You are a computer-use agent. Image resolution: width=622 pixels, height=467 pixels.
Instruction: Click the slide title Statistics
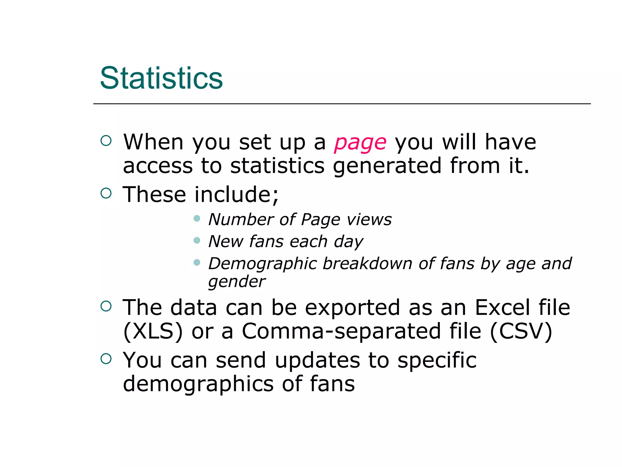point(161,78)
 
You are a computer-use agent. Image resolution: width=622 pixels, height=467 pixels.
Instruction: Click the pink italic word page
point(360,143)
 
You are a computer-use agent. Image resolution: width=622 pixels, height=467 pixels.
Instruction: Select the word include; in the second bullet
point(236,195)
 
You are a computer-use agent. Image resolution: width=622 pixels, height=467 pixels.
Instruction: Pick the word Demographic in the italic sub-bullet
point(262,264)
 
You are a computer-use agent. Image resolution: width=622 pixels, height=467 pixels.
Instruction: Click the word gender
point(237,282)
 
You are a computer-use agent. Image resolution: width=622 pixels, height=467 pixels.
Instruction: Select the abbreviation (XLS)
point(153,331)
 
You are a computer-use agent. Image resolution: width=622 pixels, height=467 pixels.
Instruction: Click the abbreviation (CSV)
point(521,331)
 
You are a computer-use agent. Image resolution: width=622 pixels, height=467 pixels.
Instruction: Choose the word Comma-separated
point(341,331)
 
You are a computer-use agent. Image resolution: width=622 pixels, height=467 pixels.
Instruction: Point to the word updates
point(317,360)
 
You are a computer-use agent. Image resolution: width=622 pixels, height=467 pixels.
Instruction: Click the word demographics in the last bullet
point(198,384)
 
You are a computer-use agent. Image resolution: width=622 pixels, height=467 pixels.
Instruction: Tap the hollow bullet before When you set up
point(106,140)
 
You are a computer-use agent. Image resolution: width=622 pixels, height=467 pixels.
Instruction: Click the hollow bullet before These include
point(106,193)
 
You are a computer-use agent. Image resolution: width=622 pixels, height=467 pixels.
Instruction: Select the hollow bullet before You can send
point(106,359)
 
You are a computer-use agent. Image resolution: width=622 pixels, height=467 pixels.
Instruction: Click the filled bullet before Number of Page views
point(197,218)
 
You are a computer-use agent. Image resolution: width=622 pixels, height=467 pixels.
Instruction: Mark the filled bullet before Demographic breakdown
point(197,262)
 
